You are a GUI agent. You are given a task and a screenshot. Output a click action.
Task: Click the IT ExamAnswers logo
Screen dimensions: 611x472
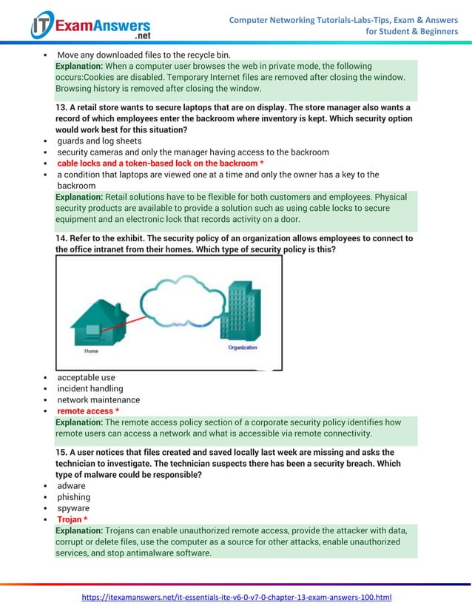point(90,26)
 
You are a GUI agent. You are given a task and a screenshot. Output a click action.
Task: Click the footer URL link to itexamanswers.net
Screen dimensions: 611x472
point(236,596)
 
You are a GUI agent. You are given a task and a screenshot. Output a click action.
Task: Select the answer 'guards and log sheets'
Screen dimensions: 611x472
point(99,141)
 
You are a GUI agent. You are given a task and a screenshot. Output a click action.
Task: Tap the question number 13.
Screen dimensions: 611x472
point(61,107)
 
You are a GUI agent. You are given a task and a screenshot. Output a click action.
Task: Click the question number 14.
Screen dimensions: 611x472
point(61,239)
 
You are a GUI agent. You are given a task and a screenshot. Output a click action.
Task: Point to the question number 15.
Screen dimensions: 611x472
point(61,452)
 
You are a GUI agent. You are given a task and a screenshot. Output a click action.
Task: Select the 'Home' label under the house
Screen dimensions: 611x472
point(91,351)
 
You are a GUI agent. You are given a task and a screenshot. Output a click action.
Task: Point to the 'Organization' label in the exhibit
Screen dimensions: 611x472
point(243,347)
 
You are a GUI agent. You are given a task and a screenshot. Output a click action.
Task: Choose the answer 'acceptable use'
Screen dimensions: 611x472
point(86,377)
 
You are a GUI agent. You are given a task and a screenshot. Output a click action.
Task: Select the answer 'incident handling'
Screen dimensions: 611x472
point(90,388)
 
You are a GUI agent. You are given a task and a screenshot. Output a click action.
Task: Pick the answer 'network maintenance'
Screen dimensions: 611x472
point(98,399)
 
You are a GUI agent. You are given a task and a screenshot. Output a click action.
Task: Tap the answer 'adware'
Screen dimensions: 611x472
point(71,486)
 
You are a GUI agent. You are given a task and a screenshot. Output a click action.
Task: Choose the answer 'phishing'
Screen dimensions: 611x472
point(73,497)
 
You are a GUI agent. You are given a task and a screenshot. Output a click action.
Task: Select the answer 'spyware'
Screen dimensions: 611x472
point(73,508)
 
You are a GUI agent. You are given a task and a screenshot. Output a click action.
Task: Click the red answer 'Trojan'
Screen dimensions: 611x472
point(72,519)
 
